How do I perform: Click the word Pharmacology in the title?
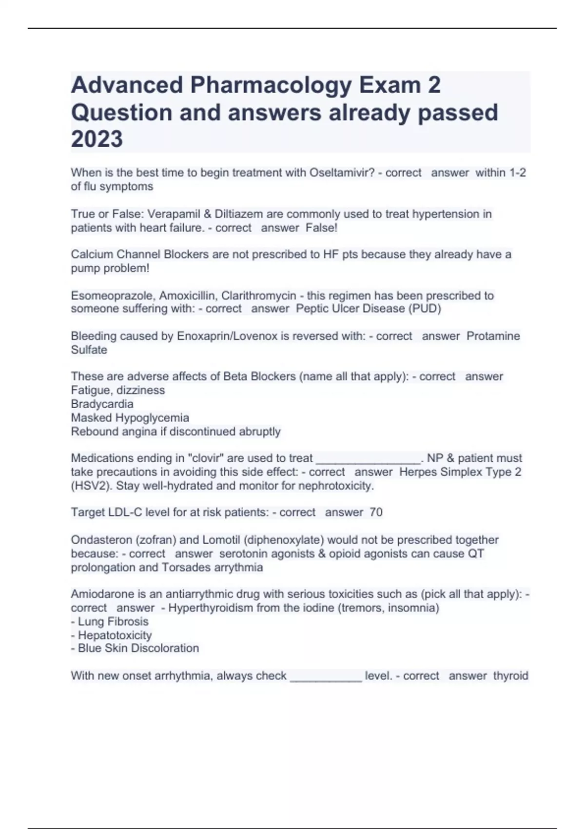click(x=271, y=86)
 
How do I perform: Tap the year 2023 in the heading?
click(x=97, y=139)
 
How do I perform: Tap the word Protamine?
click(x=493, y=336)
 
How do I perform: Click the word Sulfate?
click(x=89, y=350)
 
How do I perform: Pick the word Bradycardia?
click(x=102, y=404)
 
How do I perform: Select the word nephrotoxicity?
click(x=335, y=486)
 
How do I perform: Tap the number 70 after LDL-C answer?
click(x=376, y=513)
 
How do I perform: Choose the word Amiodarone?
click(x=100, y=594)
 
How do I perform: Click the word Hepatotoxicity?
click(x=115, y=635)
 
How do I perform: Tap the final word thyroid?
click(x=510, y=676)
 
